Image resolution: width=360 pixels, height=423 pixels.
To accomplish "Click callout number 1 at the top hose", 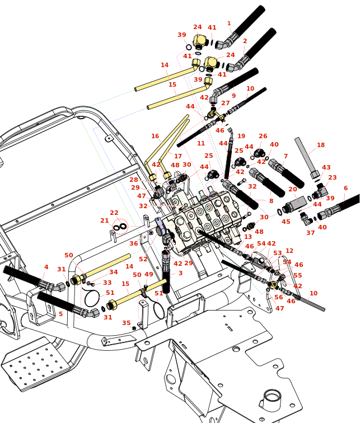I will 229,23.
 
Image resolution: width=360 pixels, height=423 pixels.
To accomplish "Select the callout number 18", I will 321,145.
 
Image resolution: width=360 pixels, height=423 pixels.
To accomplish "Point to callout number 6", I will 345,189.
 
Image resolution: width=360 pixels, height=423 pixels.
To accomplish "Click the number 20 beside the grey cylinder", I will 292,189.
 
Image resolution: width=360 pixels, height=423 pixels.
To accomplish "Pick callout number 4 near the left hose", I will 46,267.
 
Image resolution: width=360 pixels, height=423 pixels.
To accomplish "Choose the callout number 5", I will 60,314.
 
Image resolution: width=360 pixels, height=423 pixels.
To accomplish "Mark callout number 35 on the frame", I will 127,323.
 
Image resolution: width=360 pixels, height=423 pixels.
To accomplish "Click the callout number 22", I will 114,213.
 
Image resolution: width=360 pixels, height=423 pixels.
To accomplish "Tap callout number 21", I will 105,221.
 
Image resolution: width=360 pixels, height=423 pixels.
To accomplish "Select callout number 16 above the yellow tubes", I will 155,136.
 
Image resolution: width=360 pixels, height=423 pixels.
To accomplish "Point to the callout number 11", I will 201,144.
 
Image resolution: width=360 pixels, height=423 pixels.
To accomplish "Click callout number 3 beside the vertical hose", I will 180,273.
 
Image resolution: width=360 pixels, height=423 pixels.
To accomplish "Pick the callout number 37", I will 310,233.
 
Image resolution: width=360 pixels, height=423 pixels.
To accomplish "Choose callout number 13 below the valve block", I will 248,237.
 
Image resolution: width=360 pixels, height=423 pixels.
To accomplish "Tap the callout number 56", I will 279,297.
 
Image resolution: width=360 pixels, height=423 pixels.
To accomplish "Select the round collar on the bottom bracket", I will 272,398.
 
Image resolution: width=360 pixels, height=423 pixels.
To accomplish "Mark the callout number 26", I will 263,136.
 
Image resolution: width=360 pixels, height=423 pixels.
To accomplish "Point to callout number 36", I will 134,243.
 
